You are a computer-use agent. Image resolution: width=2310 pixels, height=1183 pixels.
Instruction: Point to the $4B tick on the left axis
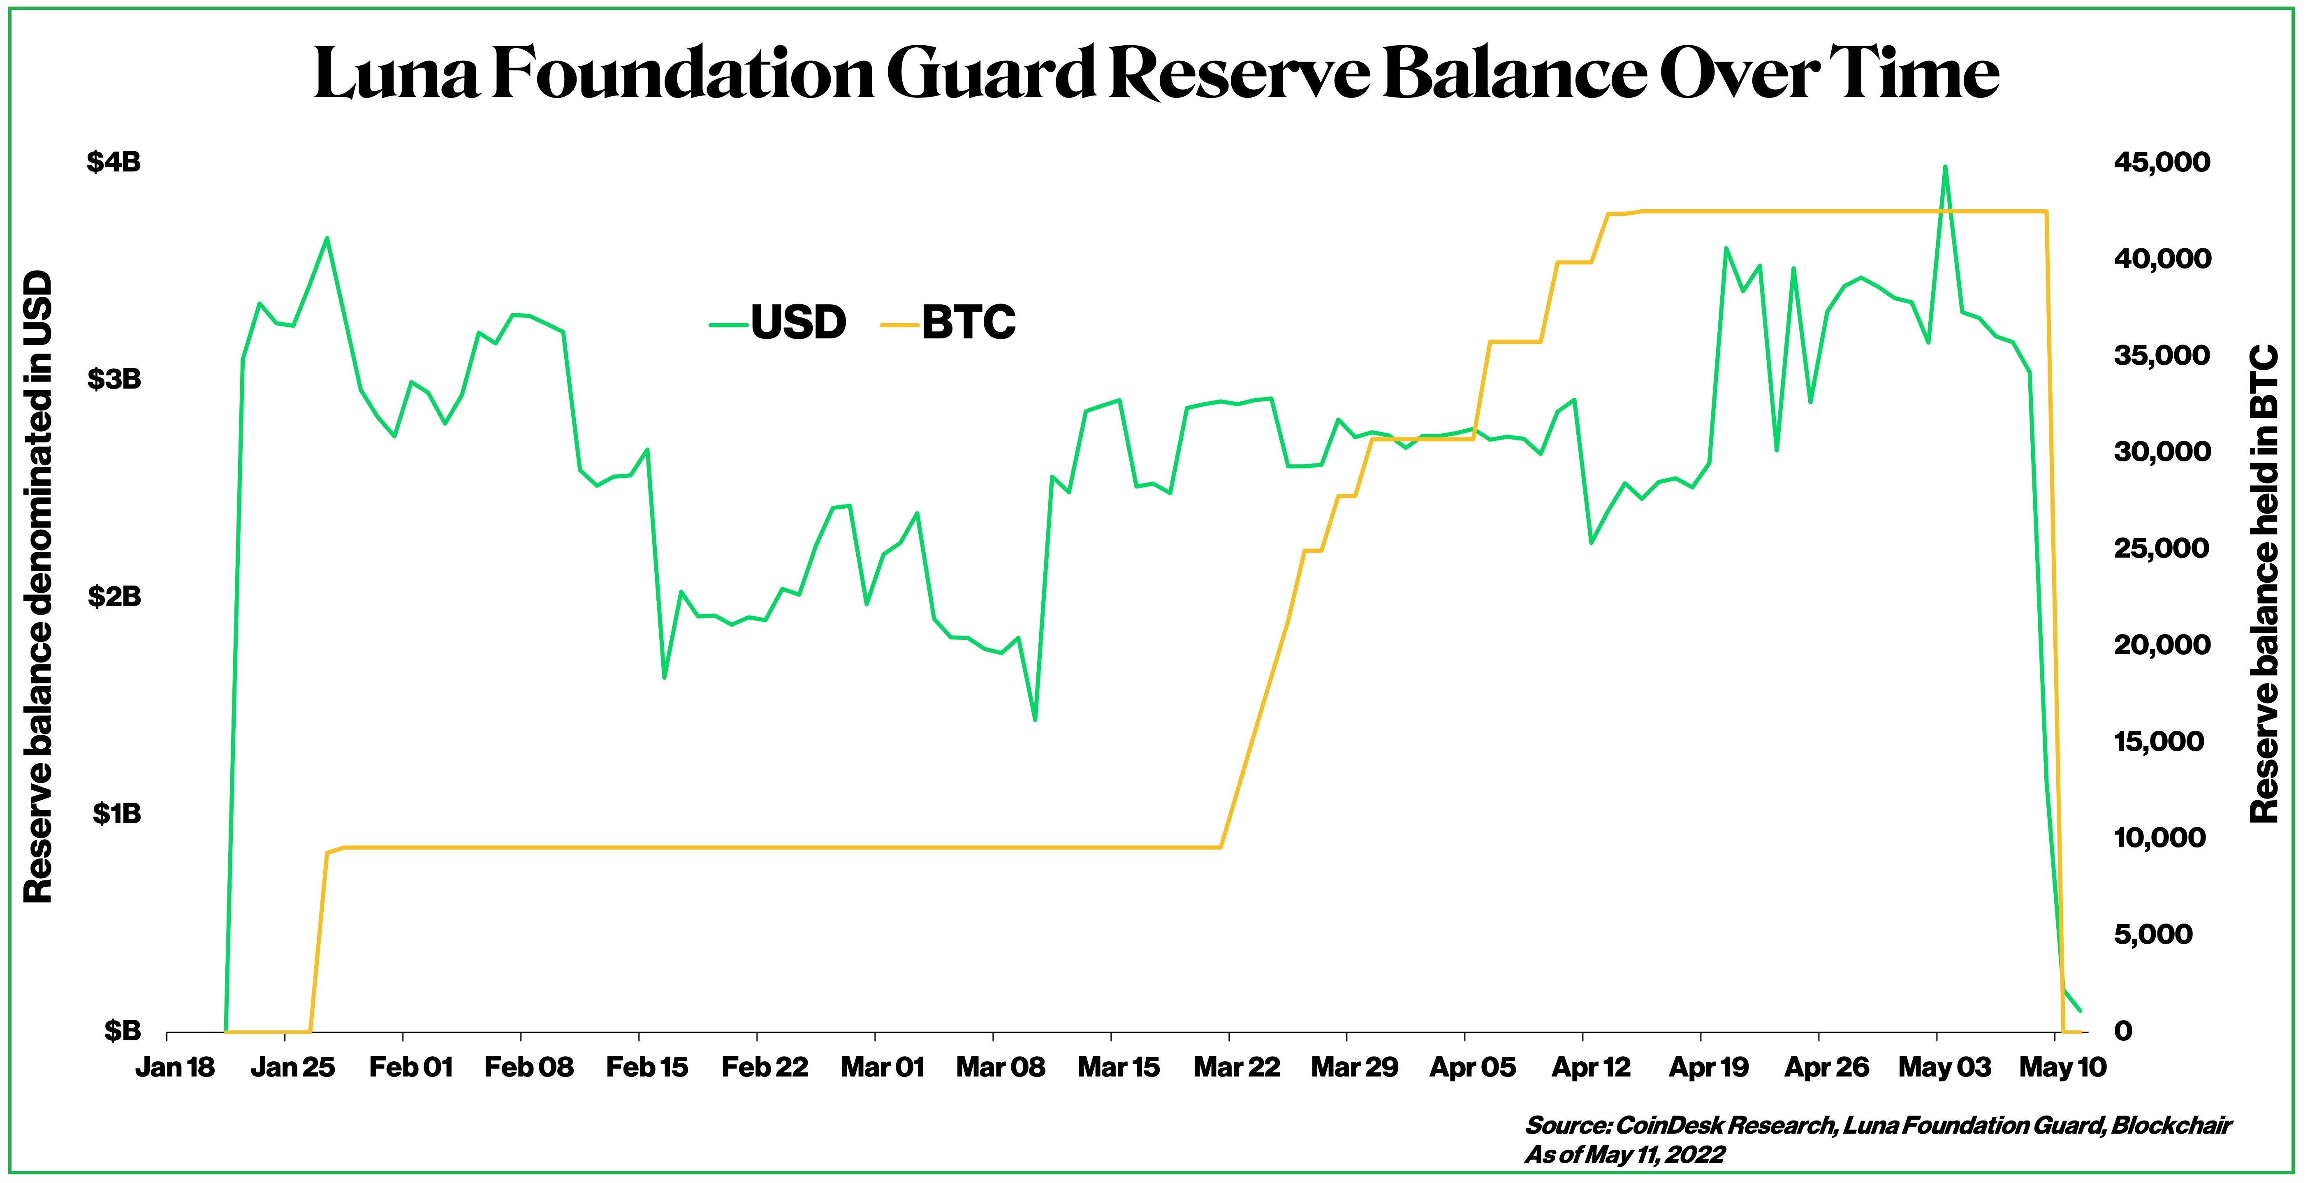pyautogui.click(x=114, y=162)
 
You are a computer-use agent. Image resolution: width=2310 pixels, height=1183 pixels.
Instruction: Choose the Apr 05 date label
pyautogui.click(x=1471, y=1067)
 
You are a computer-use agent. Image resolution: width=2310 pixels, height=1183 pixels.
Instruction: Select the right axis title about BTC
pyautogui.click(x=2264, y=583)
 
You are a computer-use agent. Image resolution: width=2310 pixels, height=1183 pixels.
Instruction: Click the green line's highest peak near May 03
pyautogui.click(x=1944, y=167)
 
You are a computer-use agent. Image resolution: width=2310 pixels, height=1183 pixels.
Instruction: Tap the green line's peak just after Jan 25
pyautogui.click(x=327, y=238)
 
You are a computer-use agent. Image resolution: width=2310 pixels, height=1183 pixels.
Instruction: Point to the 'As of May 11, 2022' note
pyautogui.click(x=1624, y=1154)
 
